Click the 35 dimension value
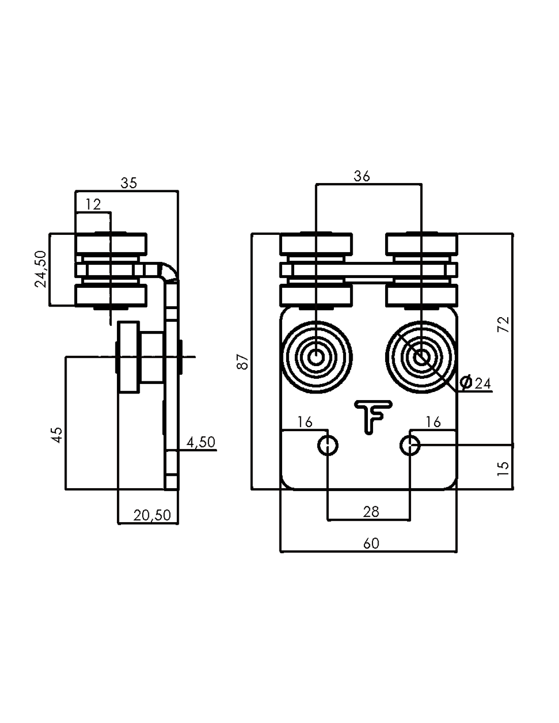tap(129, 183)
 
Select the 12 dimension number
tap(93, 204)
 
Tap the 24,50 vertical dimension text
tap(41, 269)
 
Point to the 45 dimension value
tap(57, 434)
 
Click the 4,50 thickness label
tap(201, 442)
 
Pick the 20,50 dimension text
tap(152, 515)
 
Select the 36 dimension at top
tap(362, 176)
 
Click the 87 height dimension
tap(244, 361)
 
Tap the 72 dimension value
tap(503, 324)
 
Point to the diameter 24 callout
tap(476, 383)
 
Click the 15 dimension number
tap(503, 468)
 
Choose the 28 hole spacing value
tap(371, 511)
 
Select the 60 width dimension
tap(371, 543)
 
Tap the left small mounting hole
tap(328, 446)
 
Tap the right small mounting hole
tap(410, 446)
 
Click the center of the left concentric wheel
tap(316, 357)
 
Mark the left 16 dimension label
tap(305, 422)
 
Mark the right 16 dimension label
tap(433, 422)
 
